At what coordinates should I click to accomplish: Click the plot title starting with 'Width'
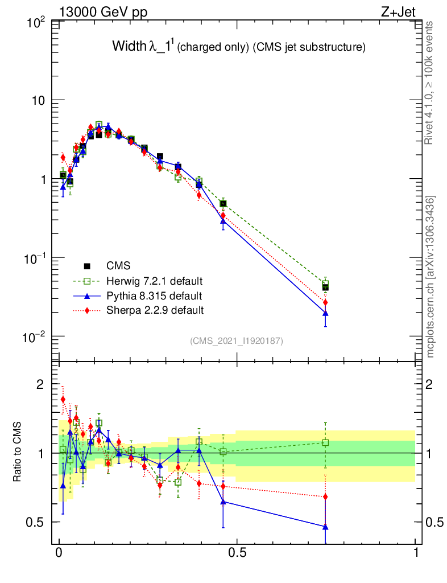click(238, 47)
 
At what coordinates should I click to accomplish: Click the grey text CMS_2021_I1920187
click(237, 341)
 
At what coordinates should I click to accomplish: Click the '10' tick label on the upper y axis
click(36, 100)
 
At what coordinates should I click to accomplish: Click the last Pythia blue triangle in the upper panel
click(325, 313)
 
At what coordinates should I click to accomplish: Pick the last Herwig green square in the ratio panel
click(325, 442)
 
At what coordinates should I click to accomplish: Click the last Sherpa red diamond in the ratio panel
click(325, 496)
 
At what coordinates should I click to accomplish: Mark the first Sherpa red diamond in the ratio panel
click(63, 400)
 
